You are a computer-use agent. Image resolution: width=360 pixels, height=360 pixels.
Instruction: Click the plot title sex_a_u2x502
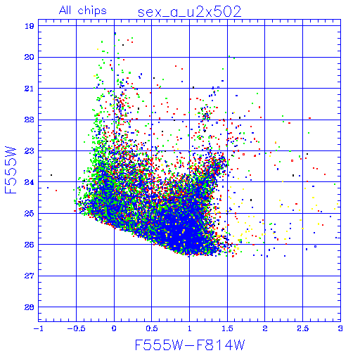point(190,12)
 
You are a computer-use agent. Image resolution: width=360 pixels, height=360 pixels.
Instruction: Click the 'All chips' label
point(83,11)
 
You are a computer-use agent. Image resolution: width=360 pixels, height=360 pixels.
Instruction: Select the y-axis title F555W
point(11,170)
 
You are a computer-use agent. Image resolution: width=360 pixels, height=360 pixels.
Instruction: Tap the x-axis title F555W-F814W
point(190,345)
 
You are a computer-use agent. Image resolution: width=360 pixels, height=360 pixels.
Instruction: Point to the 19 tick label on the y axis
point(30,26)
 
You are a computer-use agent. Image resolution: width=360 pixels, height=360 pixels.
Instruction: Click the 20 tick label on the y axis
point(30,57)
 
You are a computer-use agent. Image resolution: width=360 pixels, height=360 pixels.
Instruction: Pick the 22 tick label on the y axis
point(30,120)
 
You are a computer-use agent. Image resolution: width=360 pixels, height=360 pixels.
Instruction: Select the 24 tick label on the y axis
point(30,182)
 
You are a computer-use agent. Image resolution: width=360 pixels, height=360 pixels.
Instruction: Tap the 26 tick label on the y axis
point(30,245)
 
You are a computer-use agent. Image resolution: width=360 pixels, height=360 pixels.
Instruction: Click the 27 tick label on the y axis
point(30,276)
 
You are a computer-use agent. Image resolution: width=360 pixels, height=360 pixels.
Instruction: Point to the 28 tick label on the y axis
point(30,307)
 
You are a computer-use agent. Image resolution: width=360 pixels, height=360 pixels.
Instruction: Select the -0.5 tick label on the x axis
point(76,328)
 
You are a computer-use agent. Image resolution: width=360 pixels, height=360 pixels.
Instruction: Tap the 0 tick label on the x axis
point(114,328)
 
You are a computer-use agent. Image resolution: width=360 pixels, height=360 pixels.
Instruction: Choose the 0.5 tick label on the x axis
point(152,328)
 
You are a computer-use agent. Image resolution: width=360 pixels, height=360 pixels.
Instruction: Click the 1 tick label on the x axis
point(190,328)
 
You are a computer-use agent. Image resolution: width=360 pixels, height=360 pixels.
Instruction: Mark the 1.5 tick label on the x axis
point(227,328)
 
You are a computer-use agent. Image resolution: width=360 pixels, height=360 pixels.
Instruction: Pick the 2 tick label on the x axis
point(265,328)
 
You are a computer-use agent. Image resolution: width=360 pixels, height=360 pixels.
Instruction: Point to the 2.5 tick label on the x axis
point(302,328)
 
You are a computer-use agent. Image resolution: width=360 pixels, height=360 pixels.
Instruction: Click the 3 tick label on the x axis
point(340,328)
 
